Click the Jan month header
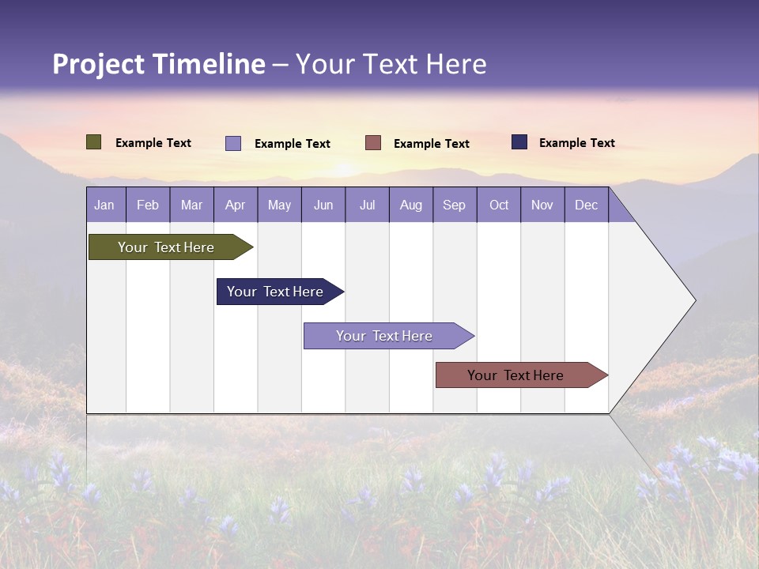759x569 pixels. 105,205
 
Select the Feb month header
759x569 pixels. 148,205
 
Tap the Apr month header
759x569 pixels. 236,205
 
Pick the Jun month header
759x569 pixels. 323,205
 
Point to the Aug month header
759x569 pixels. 411,205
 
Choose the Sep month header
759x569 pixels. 455,205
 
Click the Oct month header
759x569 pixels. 499,205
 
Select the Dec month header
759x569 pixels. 587,205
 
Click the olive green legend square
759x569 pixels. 93,142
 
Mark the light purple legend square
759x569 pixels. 233,143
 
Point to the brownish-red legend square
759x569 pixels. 373,143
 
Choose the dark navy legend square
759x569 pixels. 519,142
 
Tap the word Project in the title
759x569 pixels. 99,64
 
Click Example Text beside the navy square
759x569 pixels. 576,143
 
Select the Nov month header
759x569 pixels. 542,205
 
